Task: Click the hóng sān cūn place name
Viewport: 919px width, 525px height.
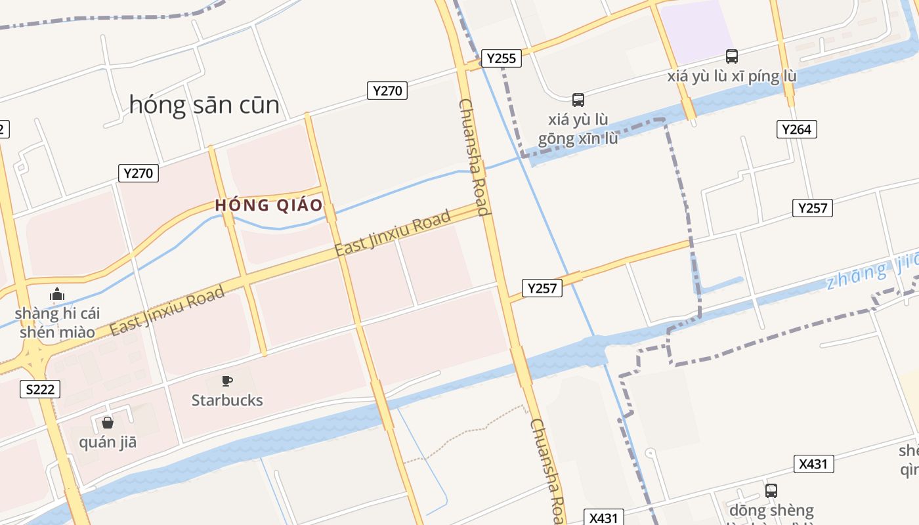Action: pyautogui.click(x=204, y=104)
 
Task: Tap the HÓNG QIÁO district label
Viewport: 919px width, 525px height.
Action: pyautogui.click(x=269, y=205)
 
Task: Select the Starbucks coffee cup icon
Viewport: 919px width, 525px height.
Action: pyautogui.click(x=227, y=381)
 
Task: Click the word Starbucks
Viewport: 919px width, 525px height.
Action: pyautogui.click(x=227, y=400)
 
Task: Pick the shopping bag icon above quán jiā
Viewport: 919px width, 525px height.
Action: pyautogui.click(x=108, y=423)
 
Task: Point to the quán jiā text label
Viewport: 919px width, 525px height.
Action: pyautogui.click(x=108, y=442)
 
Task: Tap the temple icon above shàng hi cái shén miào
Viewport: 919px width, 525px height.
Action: pyautogui.click(x=57, y=294)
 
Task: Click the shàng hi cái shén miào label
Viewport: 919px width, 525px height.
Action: pyautogui.click(x=57, y=322)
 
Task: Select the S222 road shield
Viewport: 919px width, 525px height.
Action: pyautogui.click(x=40, y=389)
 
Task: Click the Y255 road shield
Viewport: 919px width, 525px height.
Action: pyautogui.click(x=501, y=58)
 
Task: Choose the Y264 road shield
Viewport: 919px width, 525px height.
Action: pyautogui.click(x=797, y=129)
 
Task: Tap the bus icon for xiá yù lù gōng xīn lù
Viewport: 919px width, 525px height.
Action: pyautogui.click(x=578, y=100)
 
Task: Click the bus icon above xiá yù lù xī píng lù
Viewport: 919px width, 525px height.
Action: pyautogui.click(x=731, y=56)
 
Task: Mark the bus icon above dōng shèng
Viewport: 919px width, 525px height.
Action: pyautogui.click(x=771, y=490)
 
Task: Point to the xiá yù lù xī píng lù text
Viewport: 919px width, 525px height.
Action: pyautogui.click(x=731, y=76)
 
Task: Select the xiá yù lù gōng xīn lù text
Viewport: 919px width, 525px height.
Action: pyautogui.click(x=578, y=129)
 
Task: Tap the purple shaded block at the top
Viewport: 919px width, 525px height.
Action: pyautogui.click(x=697, y=30)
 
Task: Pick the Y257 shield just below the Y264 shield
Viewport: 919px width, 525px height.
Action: pyautogui.click(x=813, y=208)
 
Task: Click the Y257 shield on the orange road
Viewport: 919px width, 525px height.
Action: pyautogui.click(x=542, y=287)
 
